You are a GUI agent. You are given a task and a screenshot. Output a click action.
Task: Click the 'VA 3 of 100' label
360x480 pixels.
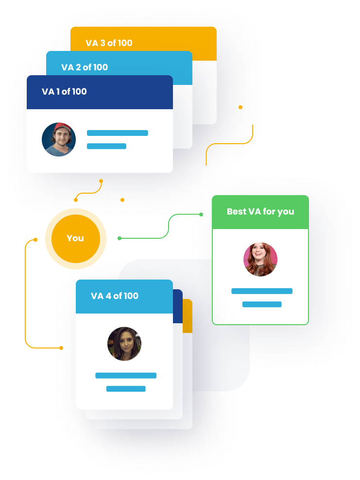point(109,43)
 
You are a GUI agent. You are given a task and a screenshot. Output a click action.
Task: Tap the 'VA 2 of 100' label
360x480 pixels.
point(85,67)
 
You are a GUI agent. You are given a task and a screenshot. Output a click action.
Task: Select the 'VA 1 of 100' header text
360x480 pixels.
point(64,91)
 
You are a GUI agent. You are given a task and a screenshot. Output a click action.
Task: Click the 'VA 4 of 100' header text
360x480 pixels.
point(115,296)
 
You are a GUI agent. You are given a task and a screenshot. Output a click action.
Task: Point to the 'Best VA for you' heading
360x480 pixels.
point(260,212)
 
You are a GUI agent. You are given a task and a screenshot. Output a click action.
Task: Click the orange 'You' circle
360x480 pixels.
point(76,238)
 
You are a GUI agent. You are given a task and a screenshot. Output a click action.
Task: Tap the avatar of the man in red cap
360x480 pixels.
point(59,140)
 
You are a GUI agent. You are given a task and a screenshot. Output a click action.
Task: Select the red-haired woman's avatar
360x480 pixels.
point(260,259)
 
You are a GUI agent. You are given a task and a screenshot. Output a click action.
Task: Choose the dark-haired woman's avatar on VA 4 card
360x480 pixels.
point(124,344)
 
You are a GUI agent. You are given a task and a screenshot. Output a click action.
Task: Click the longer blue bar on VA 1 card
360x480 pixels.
point(118,133)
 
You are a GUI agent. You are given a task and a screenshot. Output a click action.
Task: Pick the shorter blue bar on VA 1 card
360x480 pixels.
point(106,146)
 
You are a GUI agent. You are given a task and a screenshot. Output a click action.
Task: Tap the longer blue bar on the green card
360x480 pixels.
point(262,291)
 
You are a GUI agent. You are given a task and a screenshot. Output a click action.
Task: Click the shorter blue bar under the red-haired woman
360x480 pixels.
point(262,304)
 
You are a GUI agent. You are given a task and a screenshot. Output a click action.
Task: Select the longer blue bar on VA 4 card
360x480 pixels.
point(126,376)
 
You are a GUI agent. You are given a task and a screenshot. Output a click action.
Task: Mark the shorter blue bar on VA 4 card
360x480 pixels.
point(126,389)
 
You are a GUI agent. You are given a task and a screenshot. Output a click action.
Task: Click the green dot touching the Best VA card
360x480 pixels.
point(201,215)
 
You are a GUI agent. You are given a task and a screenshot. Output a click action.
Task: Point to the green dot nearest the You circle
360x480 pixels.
point(120,238)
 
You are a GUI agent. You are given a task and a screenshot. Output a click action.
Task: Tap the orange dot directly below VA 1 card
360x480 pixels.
point(101,181)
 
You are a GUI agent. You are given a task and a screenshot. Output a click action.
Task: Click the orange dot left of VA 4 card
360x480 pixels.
point(61,348)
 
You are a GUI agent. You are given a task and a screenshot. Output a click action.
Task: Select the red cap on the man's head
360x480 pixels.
point(62,127)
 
